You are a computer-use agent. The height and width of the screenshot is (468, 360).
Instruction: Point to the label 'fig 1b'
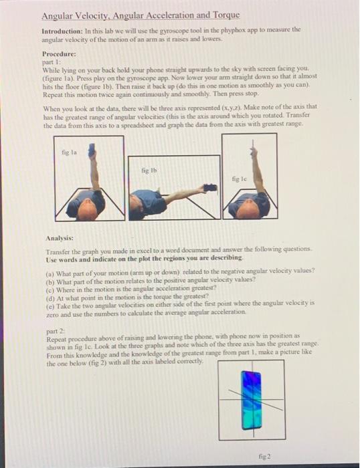[149, 171]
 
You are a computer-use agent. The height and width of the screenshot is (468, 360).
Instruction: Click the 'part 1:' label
[52, 60]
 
